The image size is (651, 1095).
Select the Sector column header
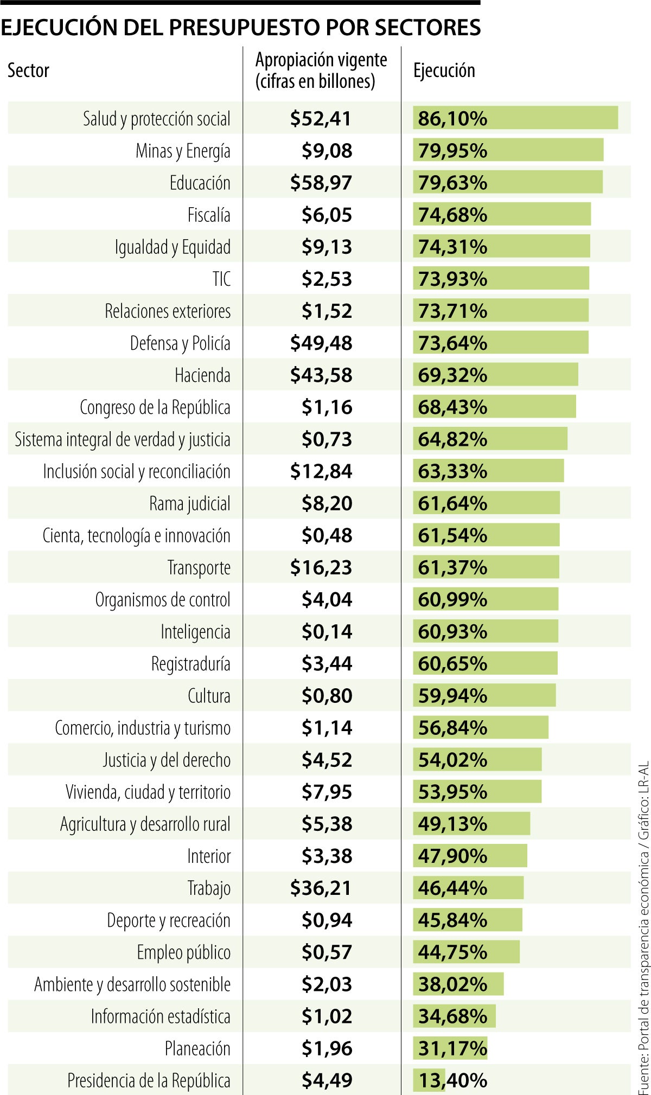(28, 71)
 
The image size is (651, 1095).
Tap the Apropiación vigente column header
(321, 70)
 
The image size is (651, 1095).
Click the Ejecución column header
(444, 71)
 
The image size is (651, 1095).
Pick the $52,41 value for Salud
(321, 118)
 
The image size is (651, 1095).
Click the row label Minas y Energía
(183, 151)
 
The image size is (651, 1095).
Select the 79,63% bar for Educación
(507, 182)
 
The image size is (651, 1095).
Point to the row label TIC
(221, 279)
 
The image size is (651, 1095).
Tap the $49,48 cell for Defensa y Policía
(321, 343)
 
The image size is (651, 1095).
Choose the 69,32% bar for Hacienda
(495, 375)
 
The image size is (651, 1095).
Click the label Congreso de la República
(155, 407)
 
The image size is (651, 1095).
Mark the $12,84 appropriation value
(321, 471)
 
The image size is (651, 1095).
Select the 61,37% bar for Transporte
(486, 567)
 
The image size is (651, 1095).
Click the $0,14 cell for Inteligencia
(327, 631)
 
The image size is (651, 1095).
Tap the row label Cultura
(209, 695)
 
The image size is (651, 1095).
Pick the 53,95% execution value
(452, 792)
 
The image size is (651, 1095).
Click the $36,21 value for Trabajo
(321, 888)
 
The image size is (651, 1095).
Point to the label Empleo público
(183, 952)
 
